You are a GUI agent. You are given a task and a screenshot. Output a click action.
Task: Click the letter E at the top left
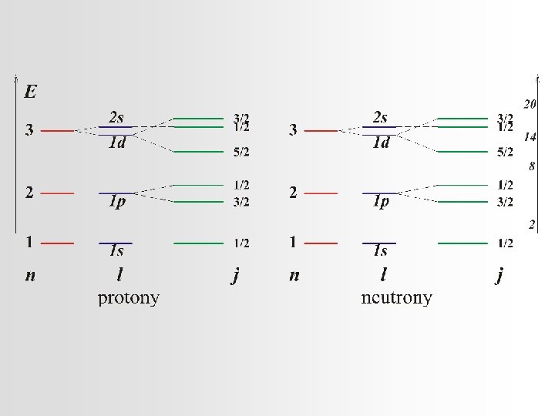click(31, 93)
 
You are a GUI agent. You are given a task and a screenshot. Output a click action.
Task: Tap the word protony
click(128, 298)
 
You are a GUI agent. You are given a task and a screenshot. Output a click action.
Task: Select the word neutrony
click(396, 298)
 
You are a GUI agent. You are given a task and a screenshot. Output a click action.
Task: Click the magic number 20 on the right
click(530, 104)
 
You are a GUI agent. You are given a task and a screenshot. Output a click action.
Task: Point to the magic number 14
click(530, 136)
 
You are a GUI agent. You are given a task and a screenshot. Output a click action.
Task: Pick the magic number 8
click(532, 166)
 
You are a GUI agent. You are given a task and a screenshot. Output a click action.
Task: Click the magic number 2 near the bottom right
click(533, 225)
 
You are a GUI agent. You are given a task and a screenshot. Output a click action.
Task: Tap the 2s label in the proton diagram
click(116, 117)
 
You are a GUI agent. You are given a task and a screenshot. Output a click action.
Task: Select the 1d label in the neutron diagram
click(381, 143)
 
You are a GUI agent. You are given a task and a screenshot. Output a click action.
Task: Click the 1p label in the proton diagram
click(117, 202)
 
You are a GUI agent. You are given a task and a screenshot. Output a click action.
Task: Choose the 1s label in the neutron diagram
click(381, 250)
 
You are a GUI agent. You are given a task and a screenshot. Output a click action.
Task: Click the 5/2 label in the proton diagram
click(241, 153)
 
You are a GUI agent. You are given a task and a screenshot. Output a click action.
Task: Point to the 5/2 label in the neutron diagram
click(505, 153)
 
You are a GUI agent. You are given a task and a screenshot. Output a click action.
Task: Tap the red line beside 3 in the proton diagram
click(57, 131)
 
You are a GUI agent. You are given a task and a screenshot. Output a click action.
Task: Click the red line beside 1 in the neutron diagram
click(321, 243)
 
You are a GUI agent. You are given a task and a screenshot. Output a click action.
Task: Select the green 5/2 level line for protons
click(198, 151)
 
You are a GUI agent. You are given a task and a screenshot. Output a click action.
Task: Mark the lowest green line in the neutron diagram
click(462, 243)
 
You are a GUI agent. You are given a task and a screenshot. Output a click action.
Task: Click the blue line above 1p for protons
click(116, 193)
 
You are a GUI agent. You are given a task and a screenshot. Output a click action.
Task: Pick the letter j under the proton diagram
click(236, 275)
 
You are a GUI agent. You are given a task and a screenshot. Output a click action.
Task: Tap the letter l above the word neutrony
click(383, 274)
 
